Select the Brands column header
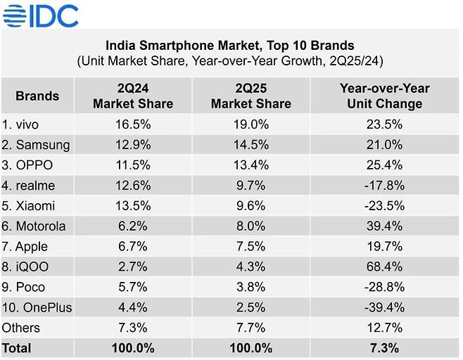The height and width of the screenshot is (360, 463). pos(37,96)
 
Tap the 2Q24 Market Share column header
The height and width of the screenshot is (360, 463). pos(133,96)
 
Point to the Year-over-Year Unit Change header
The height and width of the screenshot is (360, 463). pos(384,96)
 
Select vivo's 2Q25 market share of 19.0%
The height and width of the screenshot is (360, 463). pos(250,124)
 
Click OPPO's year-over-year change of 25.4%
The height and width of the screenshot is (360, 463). pos(384,165)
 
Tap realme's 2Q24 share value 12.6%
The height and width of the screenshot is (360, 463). pos(133,185)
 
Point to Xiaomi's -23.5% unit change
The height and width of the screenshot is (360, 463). pos(384,205)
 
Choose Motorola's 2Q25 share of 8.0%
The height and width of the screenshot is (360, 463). pos(250,226)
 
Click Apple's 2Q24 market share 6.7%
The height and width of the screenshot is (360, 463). pos(133,246)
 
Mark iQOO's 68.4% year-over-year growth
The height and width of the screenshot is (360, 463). pos(384,266)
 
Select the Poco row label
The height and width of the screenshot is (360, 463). pos(25,287)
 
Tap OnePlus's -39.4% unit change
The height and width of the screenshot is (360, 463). pos(384,307)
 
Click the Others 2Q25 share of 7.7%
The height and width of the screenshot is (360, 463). pos(250,328)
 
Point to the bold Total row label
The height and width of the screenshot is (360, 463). pos(17,348)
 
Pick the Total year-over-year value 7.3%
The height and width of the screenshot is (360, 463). pos(384,348)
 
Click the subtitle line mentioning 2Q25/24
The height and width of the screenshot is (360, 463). pos(230,61)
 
